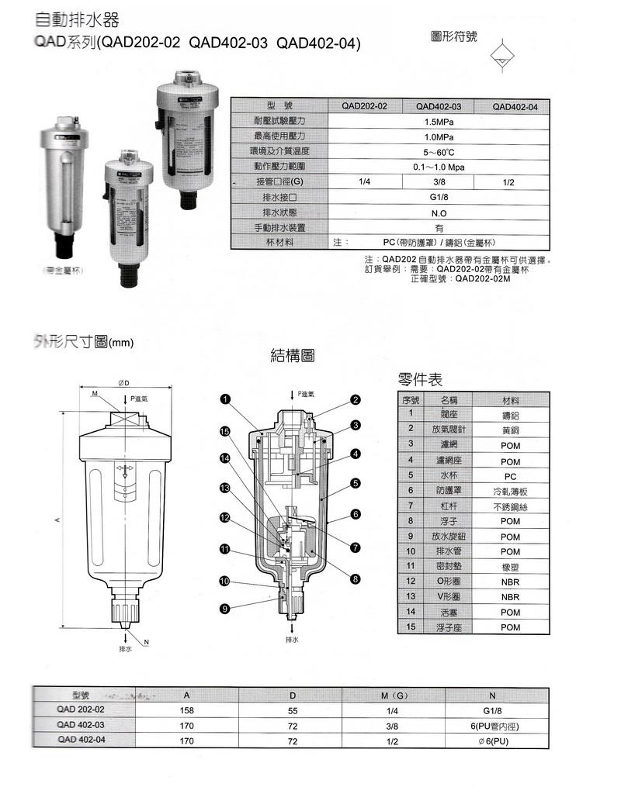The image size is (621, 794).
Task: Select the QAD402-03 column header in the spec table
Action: point(439,107)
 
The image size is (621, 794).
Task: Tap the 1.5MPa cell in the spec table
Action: point(439,122)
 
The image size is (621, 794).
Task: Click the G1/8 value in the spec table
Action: point(439,197)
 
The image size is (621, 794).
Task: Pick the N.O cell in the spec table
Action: point(439,212)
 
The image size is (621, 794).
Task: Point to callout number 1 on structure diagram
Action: point(224,399)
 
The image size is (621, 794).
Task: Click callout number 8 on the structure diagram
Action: point(355,578)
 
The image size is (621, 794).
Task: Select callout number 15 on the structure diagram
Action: point(224,432)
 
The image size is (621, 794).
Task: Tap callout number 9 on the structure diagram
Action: point(224,609)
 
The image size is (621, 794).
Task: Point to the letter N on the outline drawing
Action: point(145,641)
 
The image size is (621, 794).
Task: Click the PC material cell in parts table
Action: point(510,476)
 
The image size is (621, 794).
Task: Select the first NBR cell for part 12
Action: point(510,581)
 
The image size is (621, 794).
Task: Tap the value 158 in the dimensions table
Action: point(186,709)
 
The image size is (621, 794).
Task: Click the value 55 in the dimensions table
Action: point(293,709)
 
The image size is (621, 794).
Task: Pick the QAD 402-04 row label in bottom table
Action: point(81,740)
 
